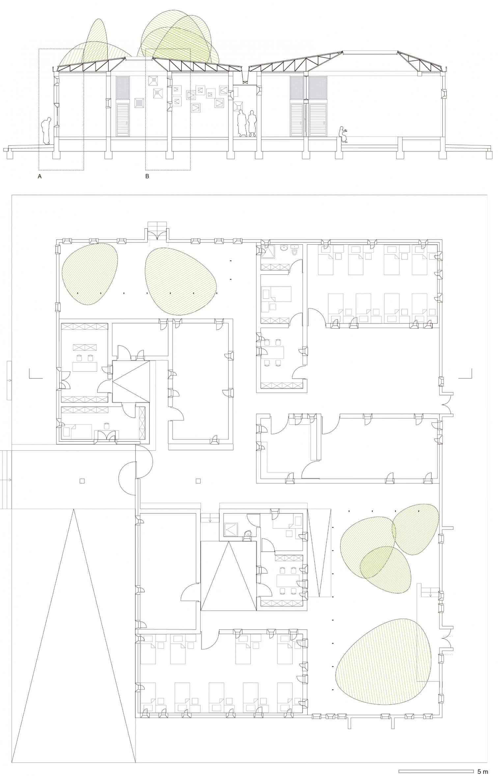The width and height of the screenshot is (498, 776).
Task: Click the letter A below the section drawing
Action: click(40, 176)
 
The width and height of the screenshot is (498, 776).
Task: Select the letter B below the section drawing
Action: click(147, 176)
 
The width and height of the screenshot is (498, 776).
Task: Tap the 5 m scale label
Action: click(483, 769)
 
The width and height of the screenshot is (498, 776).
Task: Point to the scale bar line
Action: click(436, 768)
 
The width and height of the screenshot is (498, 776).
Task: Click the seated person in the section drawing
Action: click(343, 135)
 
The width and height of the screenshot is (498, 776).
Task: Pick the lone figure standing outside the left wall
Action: click(46, 131)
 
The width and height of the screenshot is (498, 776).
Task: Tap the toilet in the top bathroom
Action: click(295, 250)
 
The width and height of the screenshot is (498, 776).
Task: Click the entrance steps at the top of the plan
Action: click(157, 227)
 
